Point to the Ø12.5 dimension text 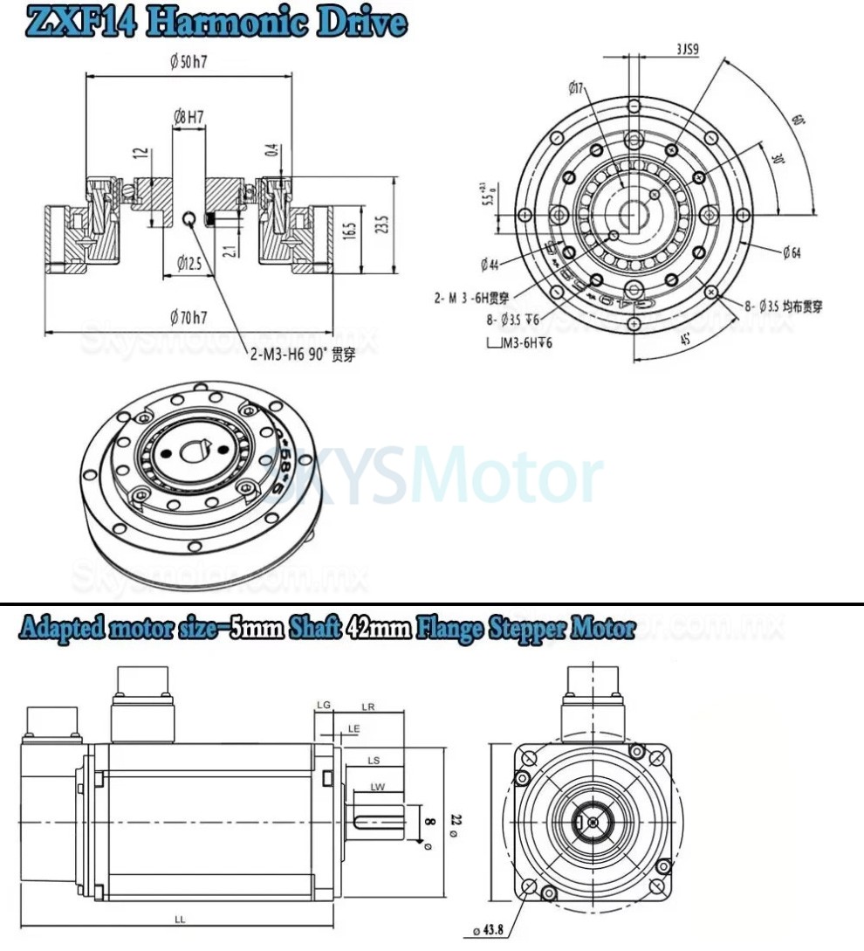(x=191, y=261)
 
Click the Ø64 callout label (x=792, y=253)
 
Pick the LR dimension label (x=367, y=707)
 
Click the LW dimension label (x=377, y=787)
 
